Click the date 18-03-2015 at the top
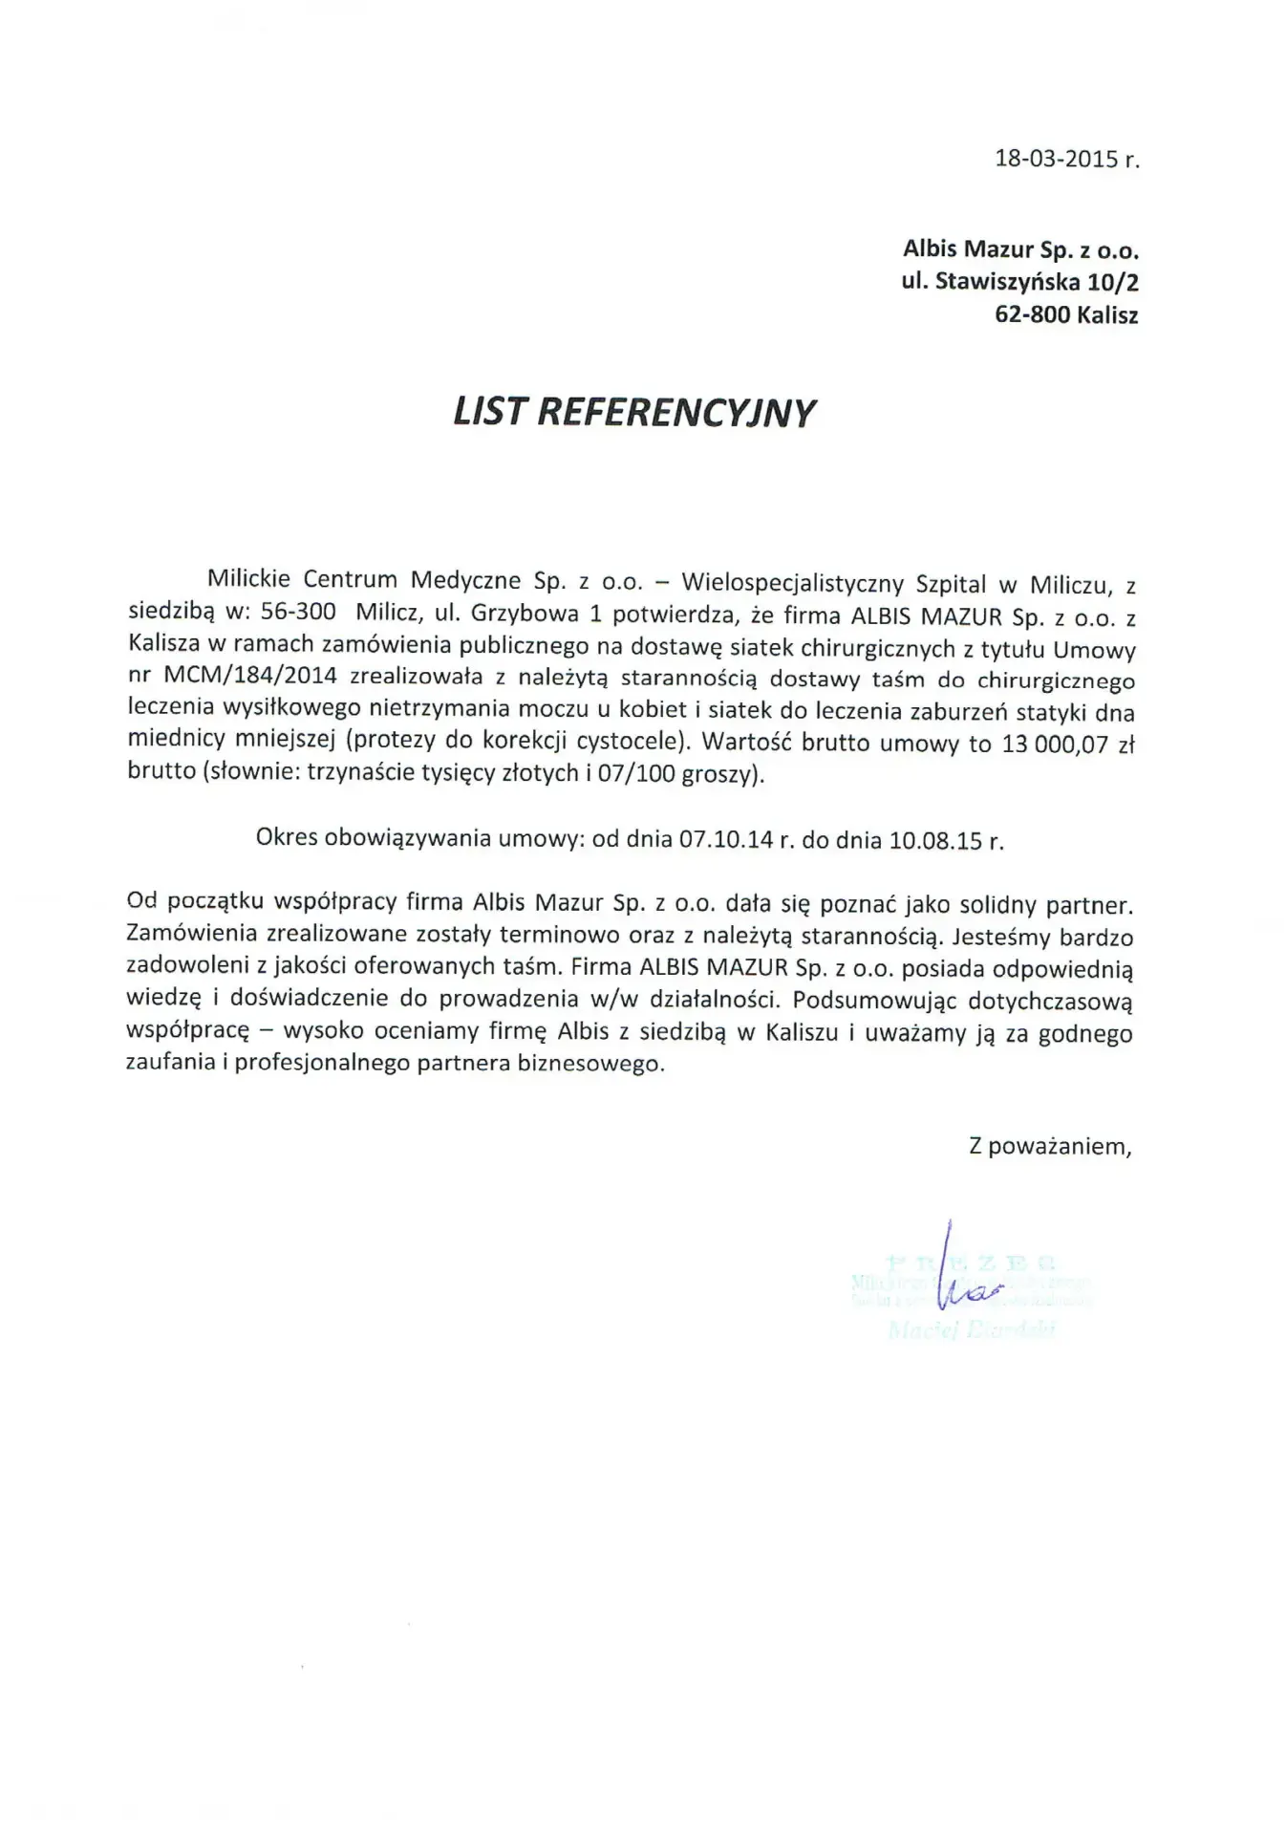(1056, 159)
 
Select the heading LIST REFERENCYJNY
(634, 412)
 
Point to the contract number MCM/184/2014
(250, 680)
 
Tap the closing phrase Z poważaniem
(1050, 1146)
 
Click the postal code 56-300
(298, 613)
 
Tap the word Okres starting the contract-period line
(287, 839)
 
